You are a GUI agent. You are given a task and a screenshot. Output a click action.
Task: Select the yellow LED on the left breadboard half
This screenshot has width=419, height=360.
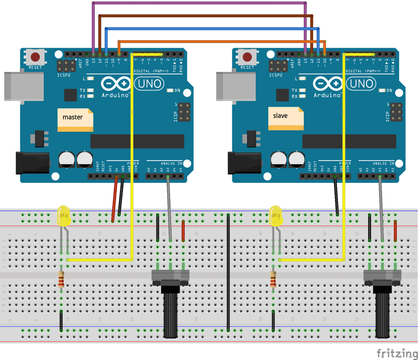63,216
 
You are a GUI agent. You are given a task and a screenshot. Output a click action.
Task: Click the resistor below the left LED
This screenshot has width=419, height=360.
61,280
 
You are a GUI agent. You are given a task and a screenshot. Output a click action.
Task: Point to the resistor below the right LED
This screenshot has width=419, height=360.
273,280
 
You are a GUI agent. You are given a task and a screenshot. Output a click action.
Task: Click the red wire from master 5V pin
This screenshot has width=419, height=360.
115,199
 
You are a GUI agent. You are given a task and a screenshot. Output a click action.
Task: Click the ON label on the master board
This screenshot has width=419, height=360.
177,90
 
